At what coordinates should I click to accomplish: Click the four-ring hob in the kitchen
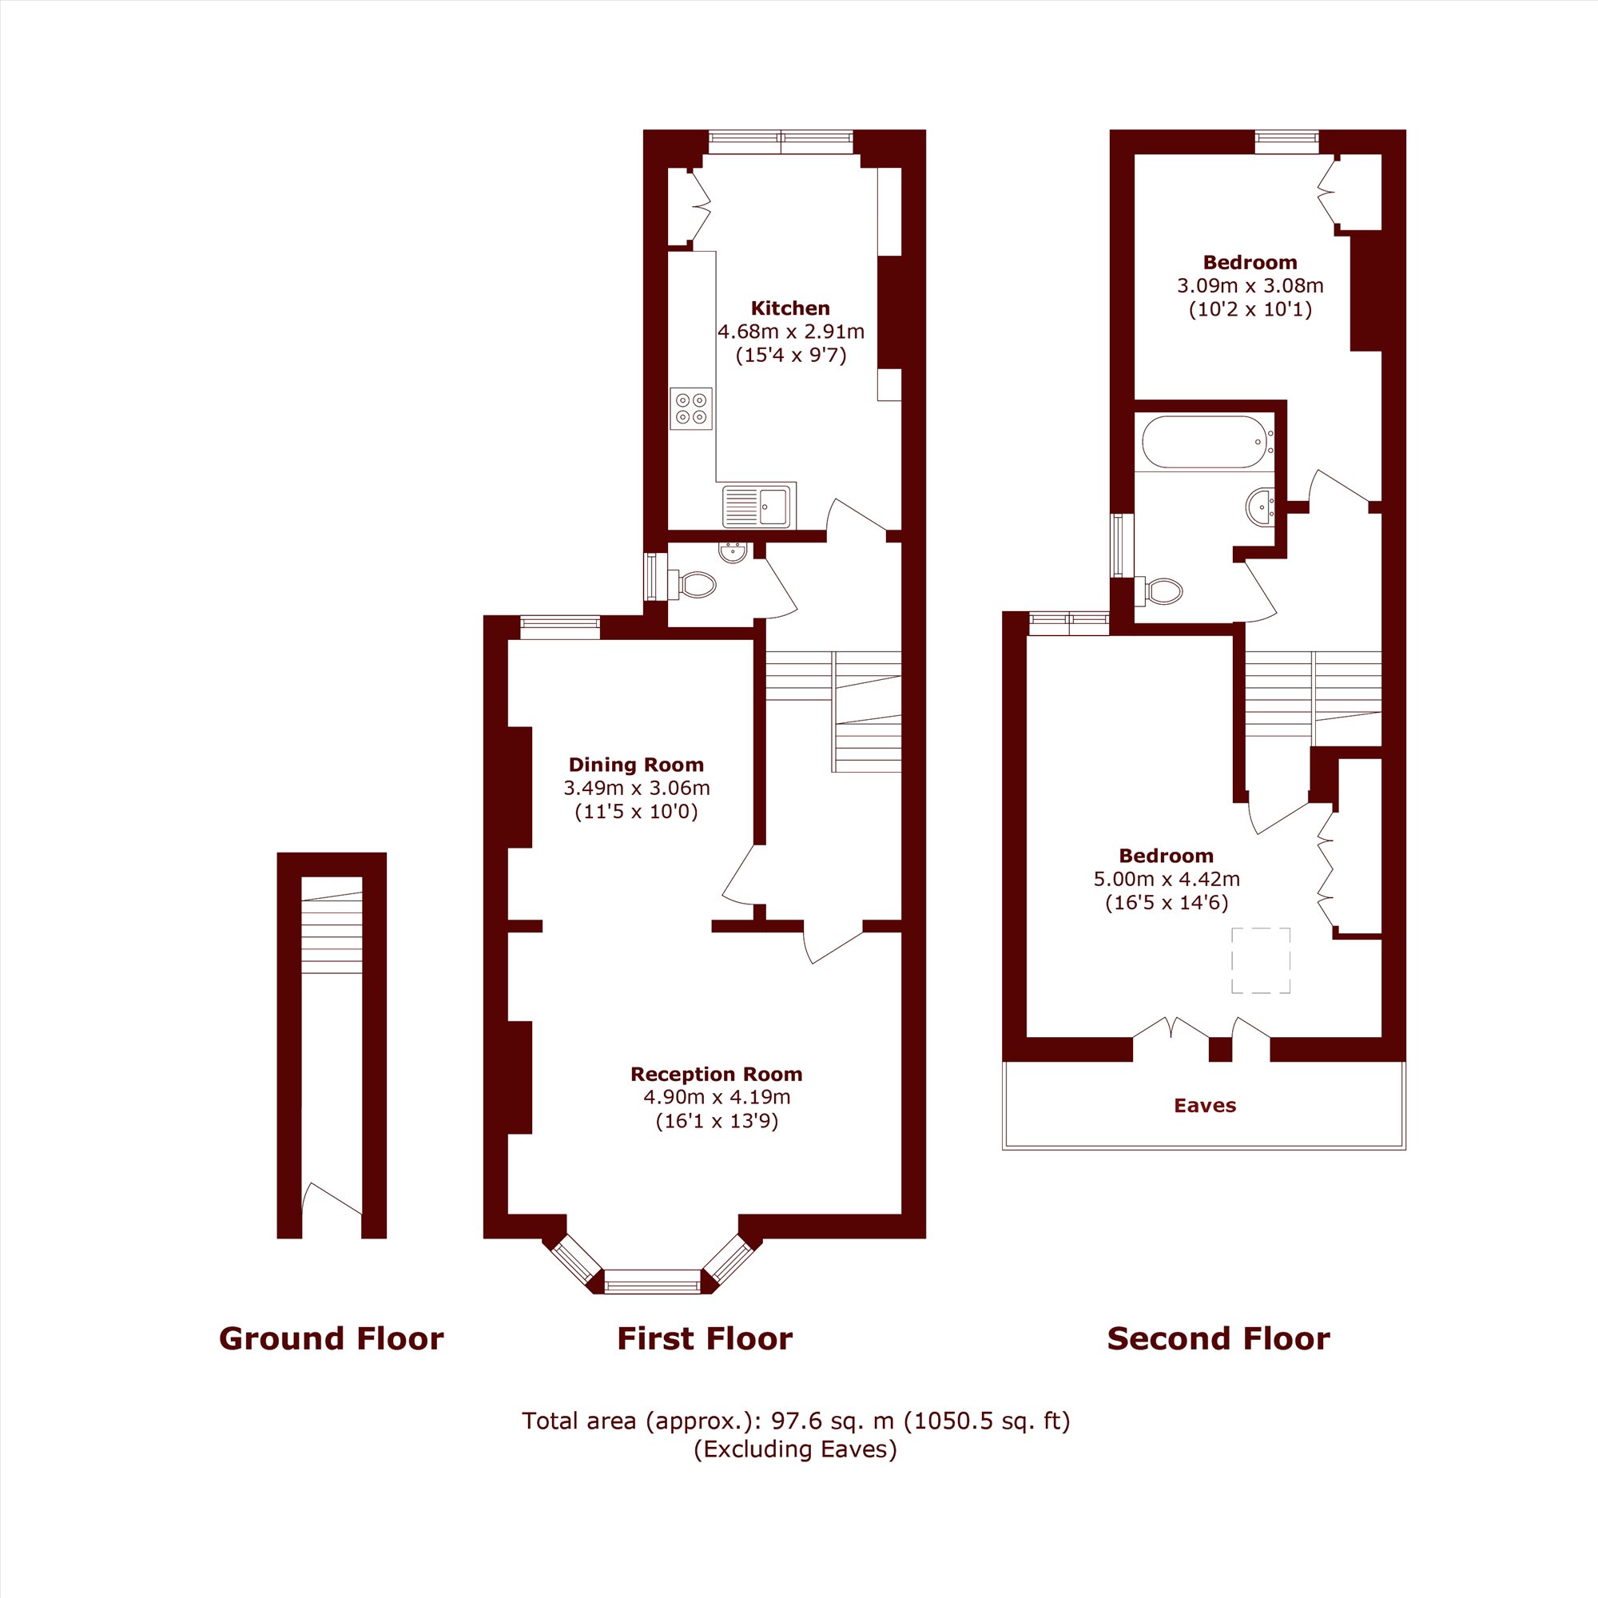690,407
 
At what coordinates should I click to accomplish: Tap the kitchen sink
757,507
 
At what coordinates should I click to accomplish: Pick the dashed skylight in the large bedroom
1261,960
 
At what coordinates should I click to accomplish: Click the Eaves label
1204,1106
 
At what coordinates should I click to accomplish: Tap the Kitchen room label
790,308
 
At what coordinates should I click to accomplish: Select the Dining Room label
635,765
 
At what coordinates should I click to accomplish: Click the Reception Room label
716,1075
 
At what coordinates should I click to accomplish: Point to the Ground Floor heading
331,1338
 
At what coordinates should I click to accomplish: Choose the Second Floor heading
1218,1338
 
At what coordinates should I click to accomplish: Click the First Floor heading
705,1338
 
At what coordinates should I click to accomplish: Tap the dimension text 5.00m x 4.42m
1167,879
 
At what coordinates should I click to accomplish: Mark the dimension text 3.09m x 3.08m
1250,286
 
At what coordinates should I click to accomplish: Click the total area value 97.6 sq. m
833,1421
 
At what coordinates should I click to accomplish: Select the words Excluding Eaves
795,1449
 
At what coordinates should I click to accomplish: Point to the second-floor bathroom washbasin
1261,507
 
